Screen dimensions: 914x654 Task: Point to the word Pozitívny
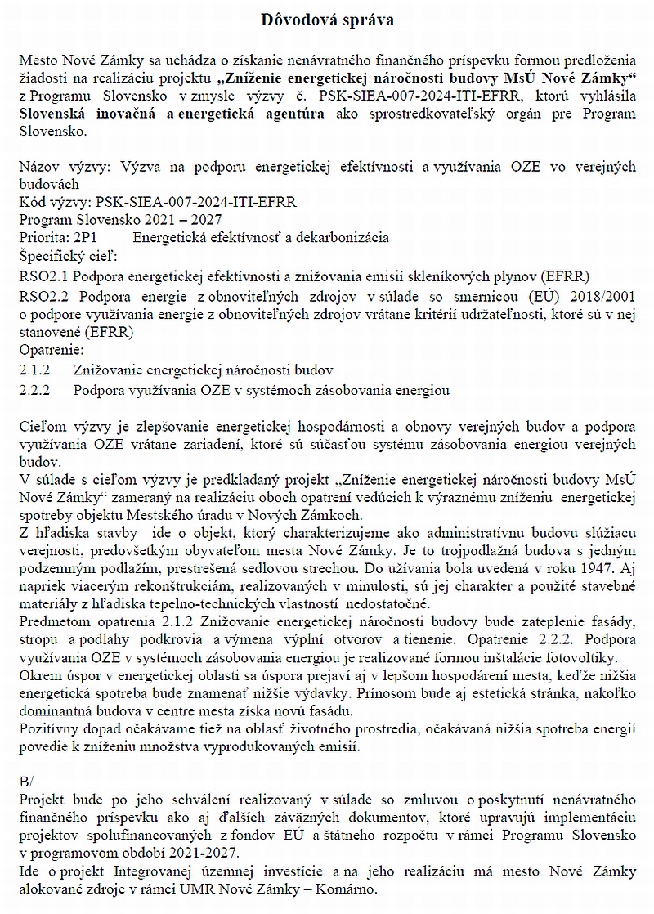coord(48,729)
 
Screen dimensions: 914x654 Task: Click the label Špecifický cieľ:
coord(67,256)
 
